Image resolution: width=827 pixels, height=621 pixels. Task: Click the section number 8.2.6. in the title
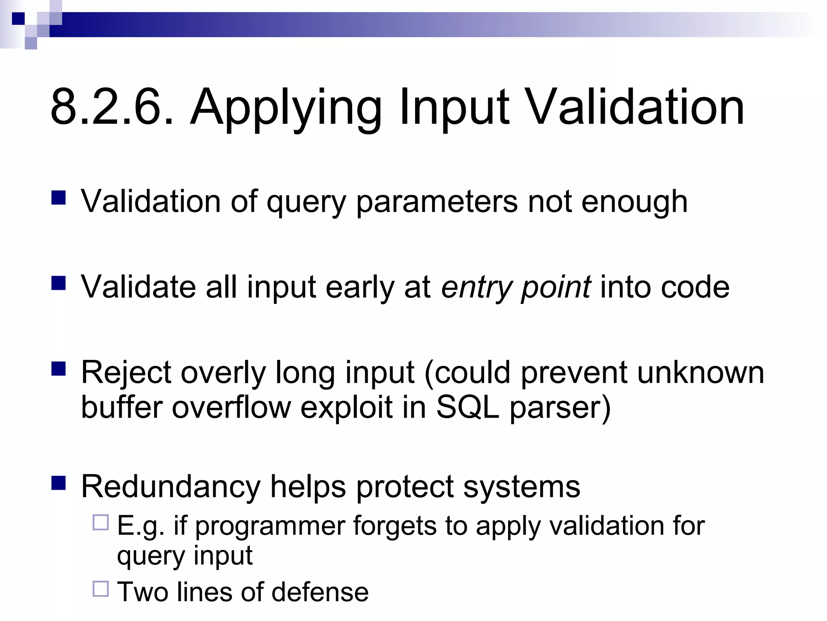click(x=112, y=108)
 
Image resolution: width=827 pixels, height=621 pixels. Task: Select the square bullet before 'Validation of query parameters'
click(x=59, y=198)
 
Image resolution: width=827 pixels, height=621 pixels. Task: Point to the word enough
click(x=634, y=202)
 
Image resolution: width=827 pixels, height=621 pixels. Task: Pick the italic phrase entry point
click(x=516, y=287)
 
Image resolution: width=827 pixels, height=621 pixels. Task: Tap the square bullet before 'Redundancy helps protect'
click(x=59, y=483)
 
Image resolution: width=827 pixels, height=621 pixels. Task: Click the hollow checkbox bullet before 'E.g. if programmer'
click(x=101, y=522)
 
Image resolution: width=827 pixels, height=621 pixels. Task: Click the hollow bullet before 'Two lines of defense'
click(x=101, y=589)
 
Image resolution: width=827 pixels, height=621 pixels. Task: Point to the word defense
click(x=320, y=592)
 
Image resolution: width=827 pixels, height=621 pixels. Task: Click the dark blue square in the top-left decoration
click(x=18, y=19)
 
